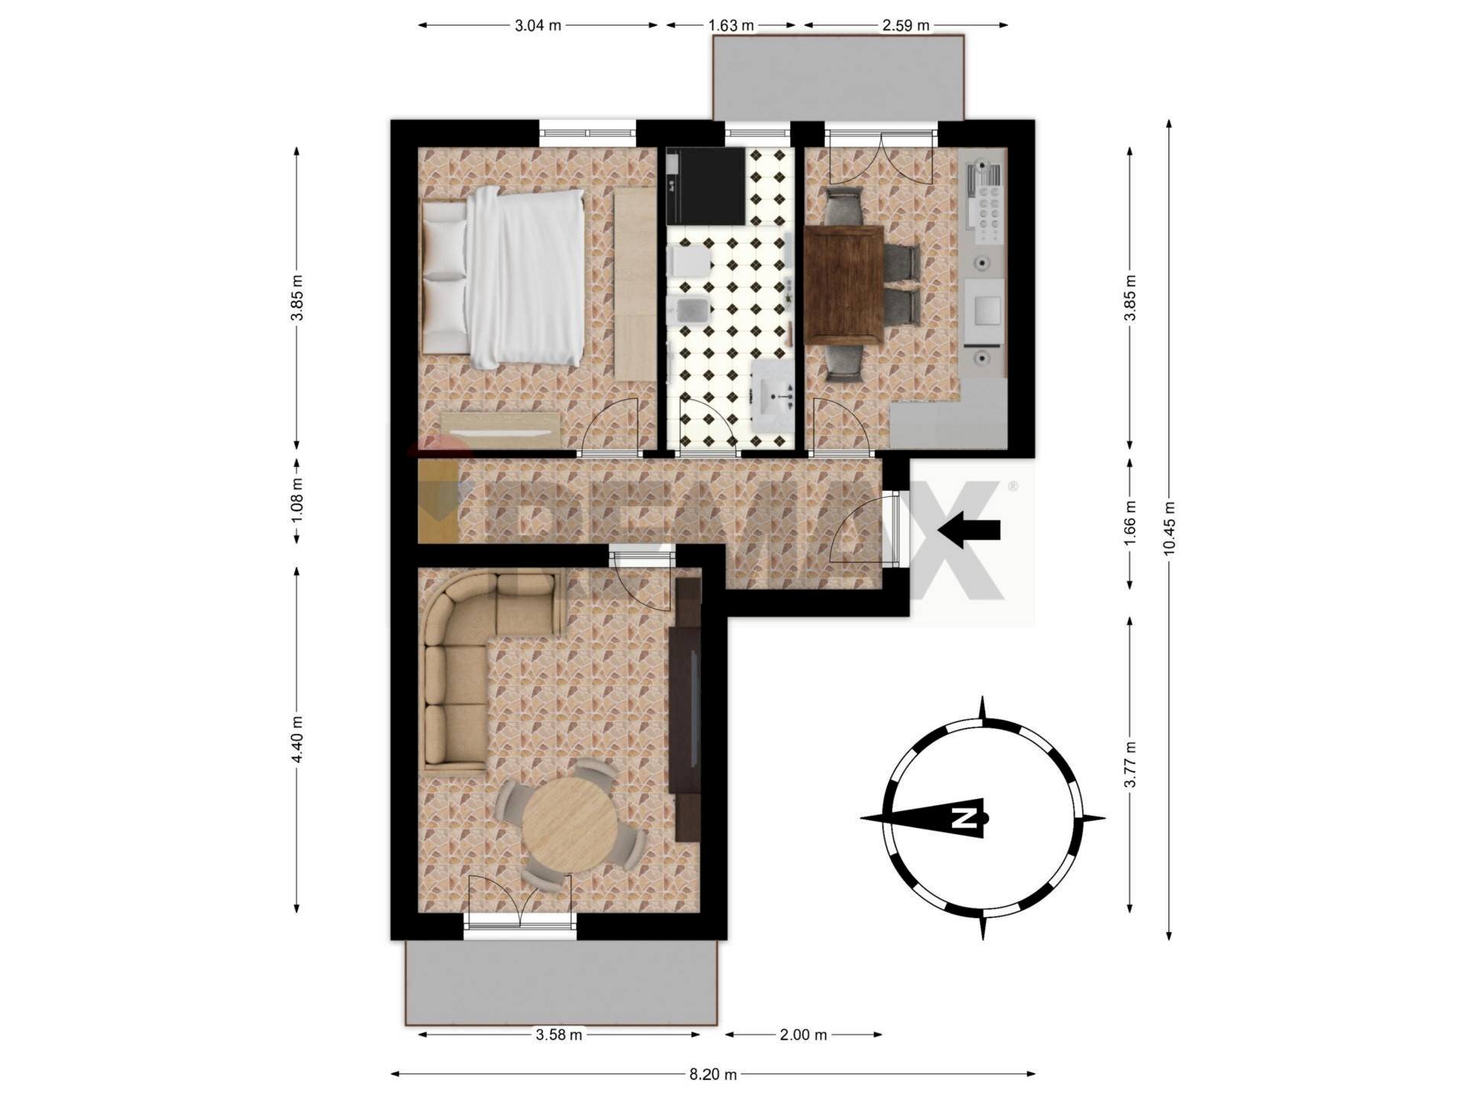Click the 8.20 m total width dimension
(712, 1075)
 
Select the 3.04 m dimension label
(538, 25)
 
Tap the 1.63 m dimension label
(731, 25)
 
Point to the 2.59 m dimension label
(906, 25)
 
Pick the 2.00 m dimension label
(803, 1035)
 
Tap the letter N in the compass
(964, 818)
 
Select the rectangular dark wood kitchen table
(844, 284)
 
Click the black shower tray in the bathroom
(706, 186)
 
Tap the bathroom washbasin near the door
(773, 395)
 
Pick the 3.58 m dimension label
(558, 1035)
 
